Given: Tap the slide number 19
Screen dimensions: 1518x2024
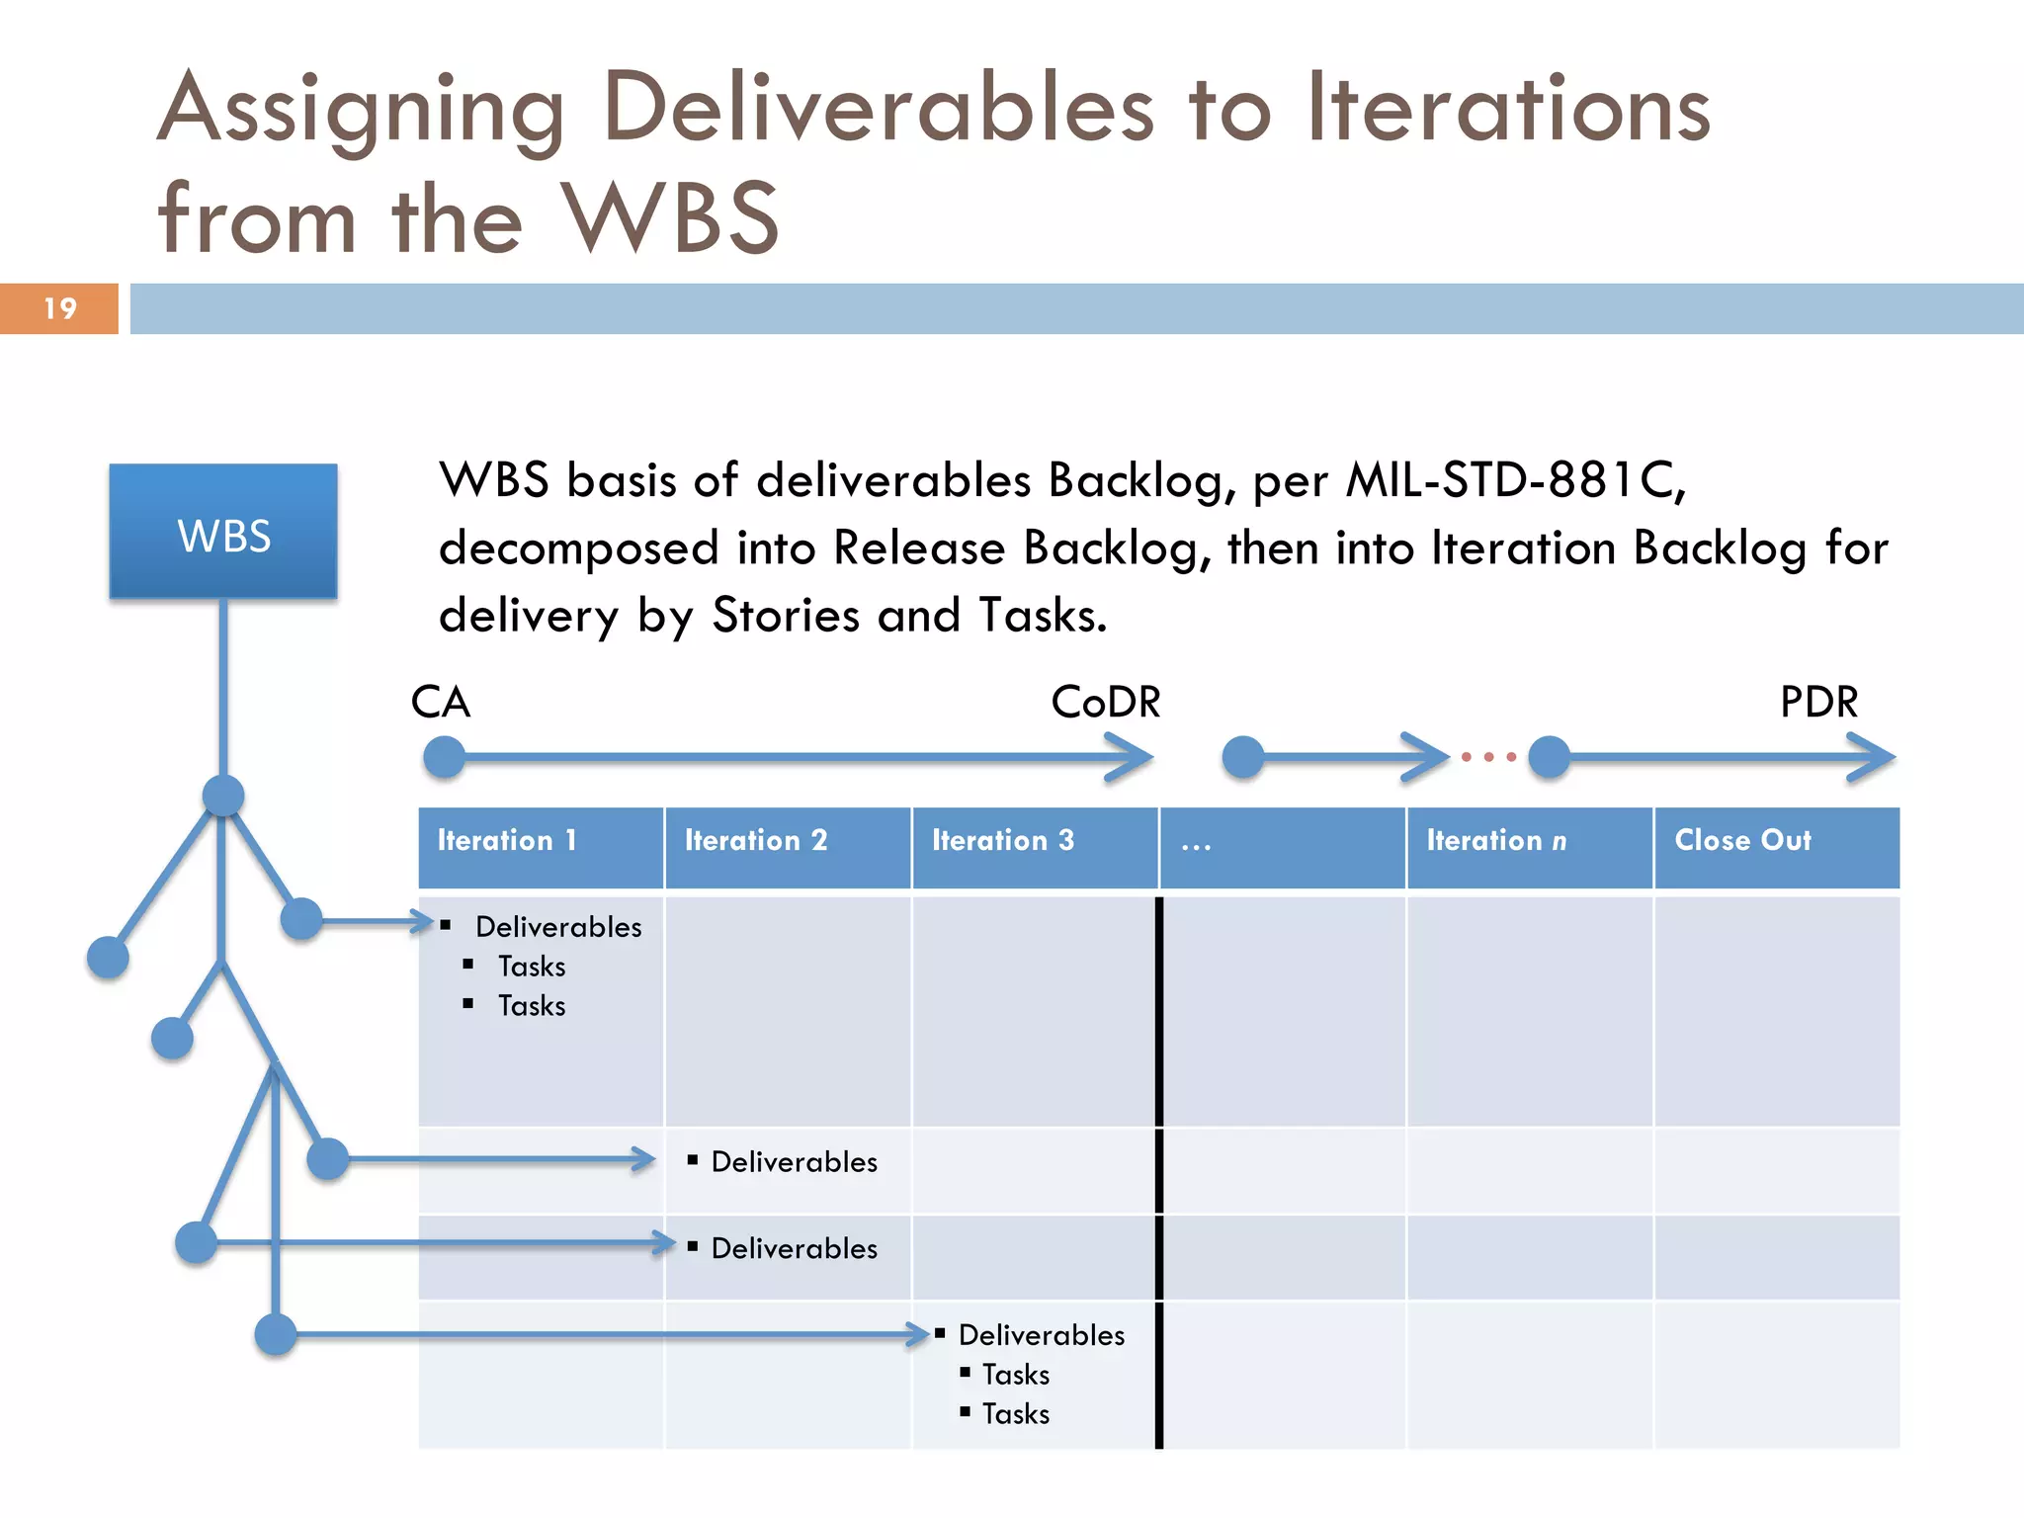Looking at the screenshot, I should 59,308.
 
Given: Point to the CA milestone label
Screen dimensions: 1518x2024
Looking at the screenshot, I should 441,703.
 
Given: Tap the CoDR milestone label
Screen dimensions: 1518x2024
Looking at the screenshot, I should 1106,703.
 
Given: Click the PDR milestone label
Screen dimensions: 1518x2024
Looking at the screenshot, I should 1818,703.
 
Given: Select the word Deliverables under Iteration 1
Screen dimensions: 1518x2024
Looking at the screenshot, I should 558,927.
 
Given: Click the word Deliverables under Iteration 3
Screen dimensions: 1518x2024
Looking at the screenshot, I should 1042,1335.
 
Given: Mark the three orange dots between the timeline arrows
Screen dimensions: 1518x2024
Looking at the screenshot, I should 1488,758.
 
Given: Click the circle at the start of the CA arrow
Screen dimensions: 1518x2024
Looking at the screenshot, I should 445,758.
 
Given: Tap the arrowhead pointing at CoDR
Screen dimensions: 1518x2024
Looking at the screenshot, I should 1132,758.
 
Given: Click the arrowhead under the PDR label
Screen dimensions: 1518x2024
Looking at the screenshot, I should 1873,758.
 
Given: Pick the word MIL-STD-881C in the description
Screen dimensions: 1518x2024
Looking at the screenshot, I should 1515,481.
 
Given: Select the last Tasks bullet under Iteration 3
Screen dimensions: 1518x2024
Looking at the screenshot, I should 1016,1414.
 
